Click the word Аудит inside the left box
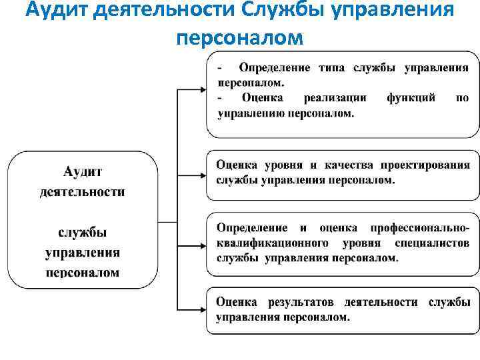(x=83, y=172)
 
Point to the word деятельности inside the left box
(x=83, y=192)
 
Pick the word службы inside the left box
(x=83, y=233)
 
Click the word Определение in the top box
(x=275, y=68)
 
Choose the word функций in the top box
(x=411, y=97)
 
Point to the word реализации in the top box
(x=335, y=97)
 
